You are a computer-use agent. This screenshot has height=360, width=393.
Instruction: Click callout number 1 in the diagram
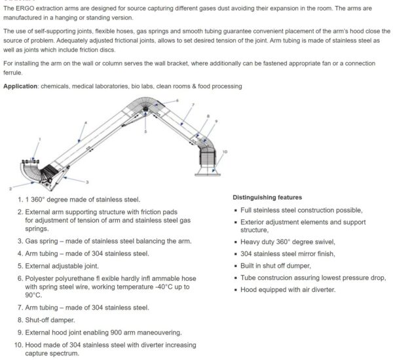pos(39,139)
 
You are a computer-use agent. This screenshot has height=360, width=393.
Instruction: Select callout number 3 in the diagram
pos(87,181)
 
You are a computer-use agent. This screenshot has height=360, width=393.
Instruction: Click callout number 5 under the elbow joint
pos(145,132)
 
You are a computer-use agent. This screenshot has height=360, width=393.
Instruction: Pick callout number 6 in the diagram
pos(177,101)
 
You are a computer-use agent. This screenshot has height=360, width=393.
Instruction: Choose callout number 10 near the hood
pos(225,152)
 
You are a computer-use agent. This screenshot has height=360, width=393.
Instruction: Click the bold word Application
pos(24,86)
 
